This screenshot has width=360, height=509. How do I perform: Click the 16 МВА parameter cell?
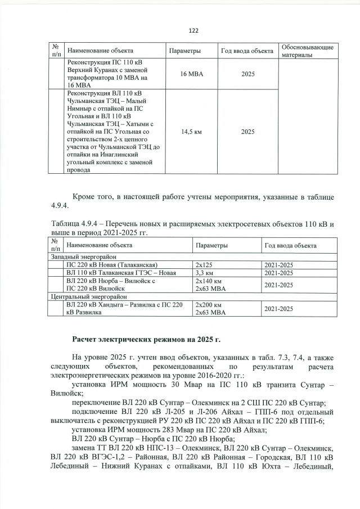[x=192, y=74]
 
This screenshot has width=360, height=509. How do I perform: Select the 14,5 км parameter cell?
[x=192, y=132]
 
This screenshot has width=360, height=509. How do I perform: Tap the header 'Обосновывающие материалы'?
[x=307, y=50]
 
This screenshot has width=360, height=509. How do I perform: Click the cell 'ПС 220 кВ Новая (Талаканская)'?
[x=111, y=264]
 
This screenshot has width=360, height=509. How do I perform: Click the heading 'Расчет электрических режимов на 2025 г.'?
[x=146, y=340]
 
